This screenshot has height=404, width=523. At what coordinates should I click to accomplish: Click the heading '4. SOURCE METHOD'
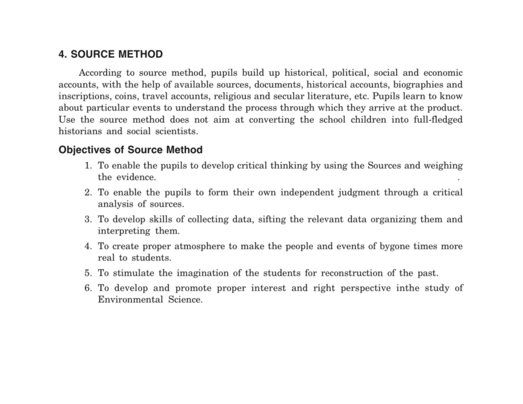[x=110, y=54]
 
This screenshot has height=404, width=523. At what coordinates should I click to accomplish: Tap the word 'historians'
[x=81, y=132]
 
